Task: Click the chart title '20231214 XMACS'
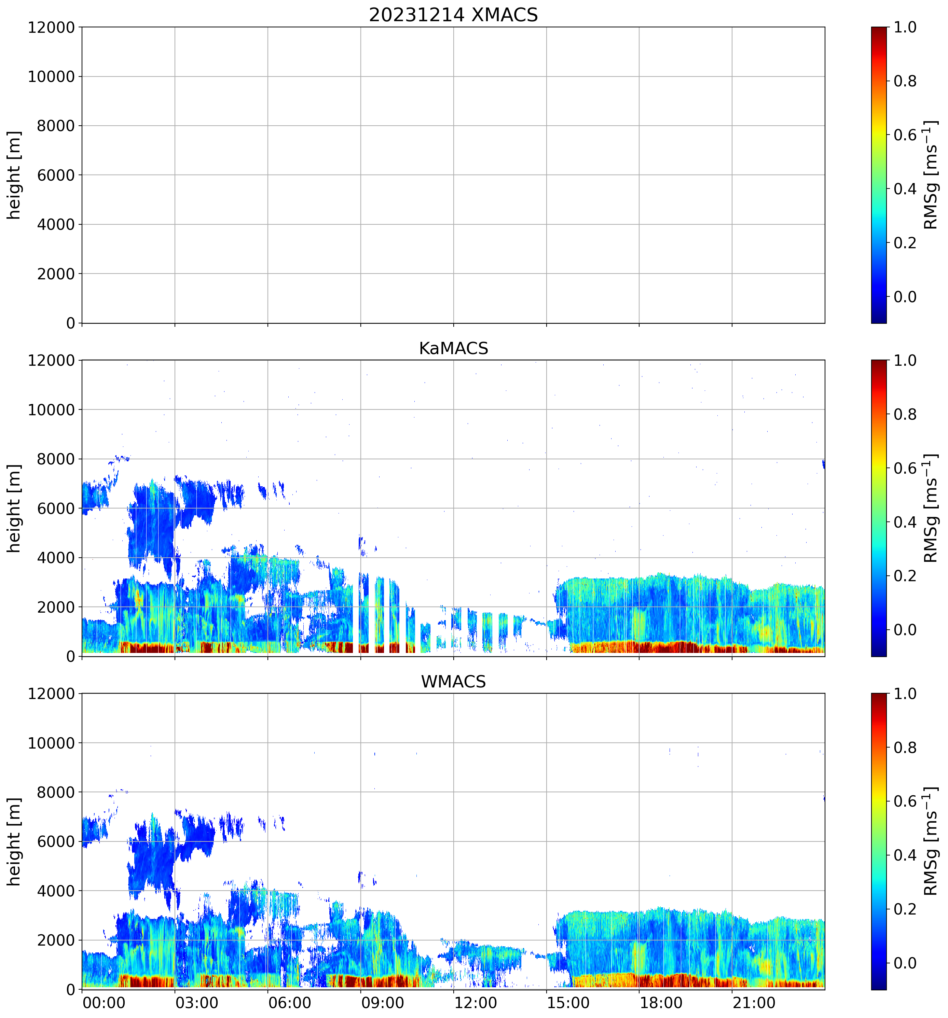point(453,15)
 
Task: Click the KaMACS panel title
point(453,348)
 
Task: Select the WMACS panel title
point(453,682)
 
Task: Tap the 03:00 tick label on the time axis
point(197,1003)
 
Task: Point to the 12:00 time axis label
point(475,1003)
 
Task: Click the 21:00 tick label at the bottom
point(754,1003)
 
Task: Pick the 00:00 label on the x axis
point(104,1003)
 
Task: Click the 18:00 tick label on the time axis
point(661,1003)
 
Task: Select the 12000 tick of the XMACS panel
point(51,28)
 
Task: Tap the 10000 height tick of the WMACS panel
point(51,743)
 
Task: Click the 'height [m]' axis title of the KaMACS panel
point(14,508)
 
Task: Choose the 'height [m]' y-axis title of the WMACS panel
point(14,841)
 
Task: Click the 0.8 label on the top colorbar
point(905,81)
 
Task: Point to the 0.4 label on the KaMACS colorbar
point(905,522)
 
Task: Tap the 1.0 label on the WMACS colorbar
point(905,694)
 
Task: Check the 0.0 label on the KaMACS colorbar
point(905,630)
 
